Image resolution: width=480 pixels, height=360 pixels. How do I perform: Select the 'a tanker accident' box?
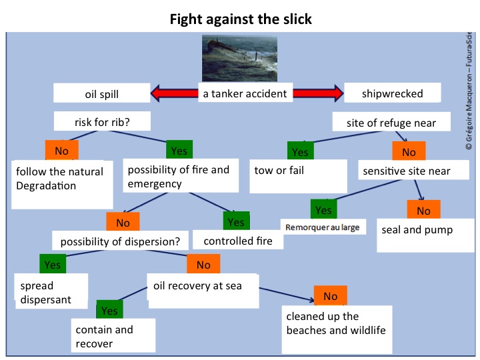coord(245,93)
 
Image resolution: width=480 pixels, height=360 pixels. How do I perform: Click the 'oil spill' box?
coord(102,94)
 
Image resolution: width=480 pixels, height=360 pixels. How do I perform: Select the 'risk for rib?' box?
coord(112,122)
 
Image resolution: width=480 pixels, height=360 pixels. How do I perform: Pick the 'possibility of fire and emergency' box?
coord(179,177)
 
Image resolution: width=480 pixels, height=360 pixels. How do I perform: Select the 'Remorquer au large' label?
coord(322,227)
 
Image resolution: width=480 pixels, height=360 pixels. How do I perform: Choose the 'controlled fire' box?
coord(237,241)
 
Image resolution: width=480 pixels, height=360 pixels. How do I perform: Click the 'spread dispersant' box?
coord(52,292)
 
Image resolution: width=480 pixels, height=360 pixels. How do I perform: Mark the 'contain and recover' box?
coord(113,336)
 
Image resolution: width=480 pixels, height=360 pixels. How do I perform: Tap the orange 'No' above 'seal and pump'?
coord(423,211)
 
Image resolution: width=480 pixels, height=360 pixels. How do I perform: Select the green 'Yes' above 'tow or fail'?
coord(300,152)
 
